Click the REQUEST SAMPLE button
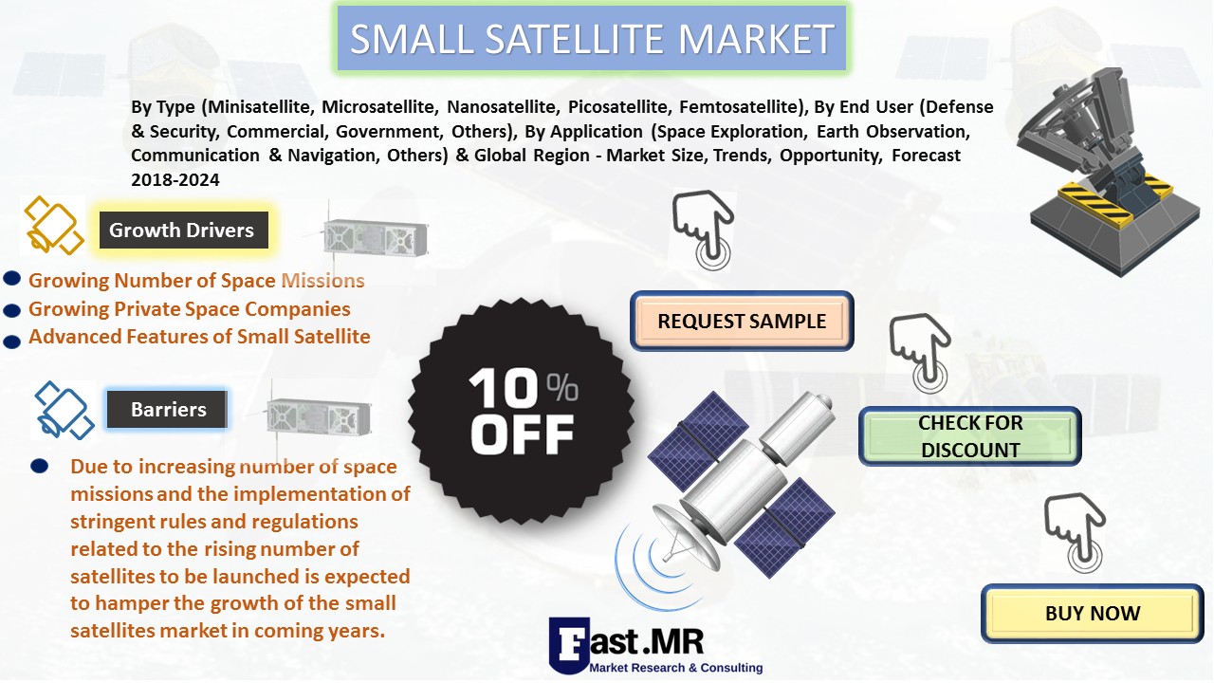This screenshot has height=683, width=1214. click(742, 321)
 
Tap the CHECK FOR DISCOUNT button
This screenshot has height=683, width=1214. click(969, 436)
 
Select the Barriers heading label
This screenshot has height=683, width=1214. click(167, 409)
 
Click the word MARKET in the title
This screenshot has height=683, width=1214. click(756, 39)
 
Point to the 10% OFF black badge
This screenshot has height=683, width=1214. click(521, 411)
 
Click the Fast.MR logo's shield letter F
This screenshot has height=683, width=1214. click(569, 645)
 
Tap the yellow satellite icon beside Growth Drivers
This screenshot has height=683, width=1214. click(53, 225)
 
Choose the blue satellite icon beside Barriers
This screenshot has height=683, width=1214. click(64, 410)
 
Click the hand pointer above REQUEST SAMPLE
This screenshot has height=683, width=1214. click(704, 230)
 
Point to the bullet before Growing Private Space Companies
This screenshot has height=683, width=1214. click(12, 310)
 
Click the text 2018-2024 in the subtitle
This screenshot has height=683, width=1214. click(175, 179)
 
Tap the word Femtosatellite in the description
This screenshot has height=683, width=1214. click(741, 107)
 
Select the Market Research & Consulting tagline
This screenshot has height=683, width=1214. click(676, 668)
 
